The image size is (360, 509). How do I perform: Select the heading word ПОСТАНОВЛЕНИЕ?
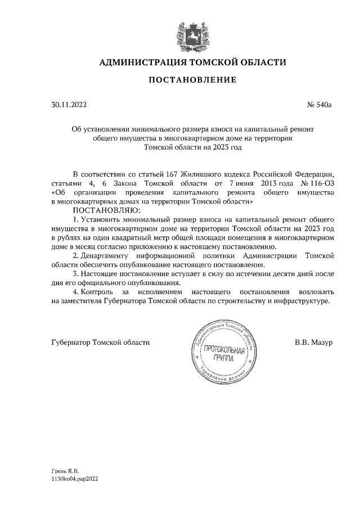point(192,81)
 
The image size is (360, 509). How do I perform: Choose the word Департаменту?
point(111,255)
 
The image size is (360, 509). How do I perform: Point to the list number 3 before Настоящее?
point(75,274)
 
